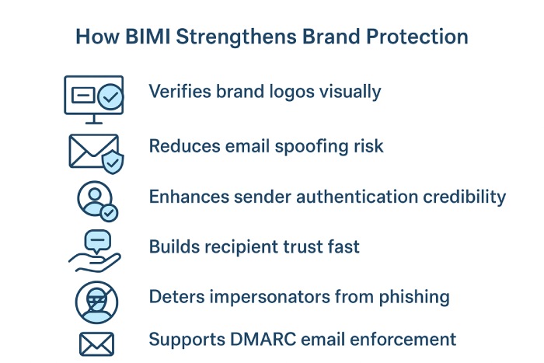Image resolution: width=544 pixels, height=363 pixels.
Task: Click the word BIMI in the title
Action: [148, 37]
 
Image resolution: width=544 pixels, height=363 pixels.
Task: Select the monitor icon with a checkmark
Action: [94, 99]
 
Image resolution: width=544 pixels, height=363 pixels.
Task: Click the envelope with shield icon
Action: [96, 154]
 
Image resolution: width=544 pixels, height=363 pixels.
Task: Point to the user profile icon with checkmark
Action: [97, 201]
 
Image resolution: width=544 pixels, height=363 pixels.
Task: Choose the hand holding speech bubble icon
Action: [95, 251]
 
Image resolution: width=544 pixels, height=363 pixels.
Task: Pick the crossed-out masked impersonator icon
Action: [96, 302]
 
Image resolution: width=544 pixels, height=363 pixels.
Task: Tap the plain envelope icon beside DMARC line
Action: [96, 344]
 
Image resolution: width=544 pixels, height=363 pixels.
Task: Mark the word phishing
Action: [414, 298]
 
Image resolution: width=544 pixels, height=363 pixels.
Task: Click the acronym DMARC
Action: [263, 340]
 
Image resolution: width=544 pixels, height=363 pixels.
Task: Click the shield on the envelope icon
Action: [113, 162]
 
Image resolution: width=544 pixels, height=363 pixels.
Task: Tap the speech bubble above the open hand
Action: [98, 241]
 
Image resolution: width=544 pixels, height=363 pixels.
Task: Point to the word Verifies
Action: [180, 92]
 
